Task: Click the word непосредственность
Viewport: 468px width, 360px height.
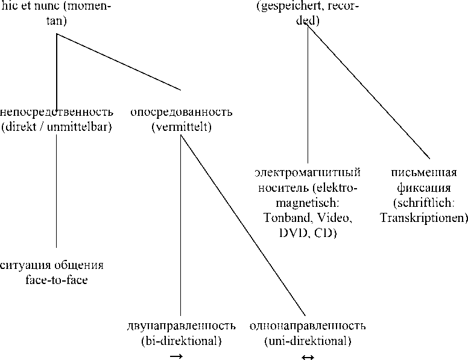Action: coord(57,112)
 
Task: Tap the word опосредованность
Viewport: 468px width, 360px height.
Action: coord(181,112)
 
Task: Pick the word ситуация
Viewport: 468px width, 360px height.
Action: coord(26,265)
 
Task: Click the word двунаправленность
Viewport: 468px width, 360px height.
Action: coord(181,327)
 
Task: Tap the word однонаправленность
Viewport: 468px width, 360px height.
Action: coord(308,327)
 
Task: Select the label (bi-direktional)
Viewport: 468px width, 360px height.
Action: coord(181,341)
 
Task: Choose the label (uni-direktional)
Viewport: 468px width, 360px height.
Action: coord(308,341)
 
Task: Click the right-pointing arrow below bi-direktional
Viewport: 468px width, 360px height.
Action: coord(176,356)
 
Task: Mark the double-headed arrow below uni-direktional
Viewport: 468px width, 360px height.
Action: coord(308,356)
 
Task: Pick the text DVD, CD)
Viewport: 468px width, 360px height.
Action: coord(308,232)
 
